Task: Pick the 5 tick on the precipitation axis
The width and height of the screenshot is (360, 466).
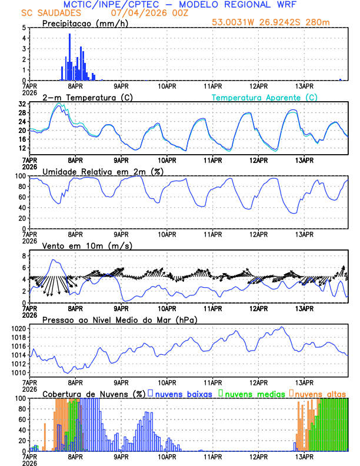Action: (24, 28)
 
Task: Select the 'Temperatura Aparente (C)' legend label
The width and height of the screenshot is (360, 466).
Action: (264, 97)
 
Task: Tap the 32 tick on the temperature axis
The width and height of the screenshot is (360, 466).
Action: (22, 104)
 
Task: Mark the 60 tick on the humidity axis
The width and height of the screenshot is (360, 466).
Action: (22, 197)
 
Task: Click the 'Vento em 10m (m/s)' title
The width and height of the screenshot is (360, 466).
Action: (86, 245)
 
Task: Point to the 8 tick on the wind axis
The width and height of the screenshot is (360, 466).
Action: (24, 256)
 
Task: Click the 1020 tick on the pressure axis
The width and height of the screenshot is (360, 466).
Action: (19, 328)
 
